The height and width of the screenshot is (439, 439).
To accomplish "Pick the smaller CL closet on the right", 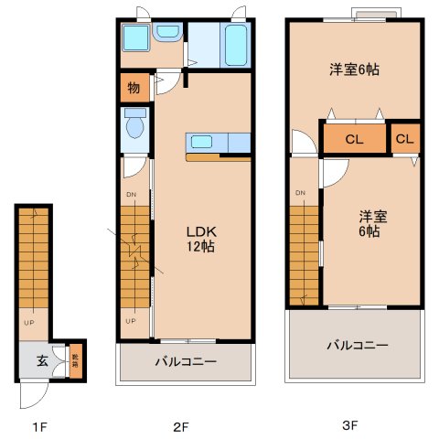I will tap(405, 139).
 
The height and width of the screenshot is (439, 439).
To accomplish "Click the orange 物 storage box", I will tap(134, 89).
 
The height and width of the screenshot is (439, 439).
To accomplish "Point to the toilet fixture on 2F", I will tap(134, 125).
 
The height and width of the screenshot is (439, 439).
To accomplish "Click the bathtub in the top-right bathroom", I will tap(235, 44).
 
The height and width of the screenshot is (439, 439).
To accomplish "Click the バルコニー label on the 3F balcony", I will tap(356, 346).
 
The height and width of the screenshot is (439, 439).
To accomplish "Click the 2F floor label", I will tap(181, 426).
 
